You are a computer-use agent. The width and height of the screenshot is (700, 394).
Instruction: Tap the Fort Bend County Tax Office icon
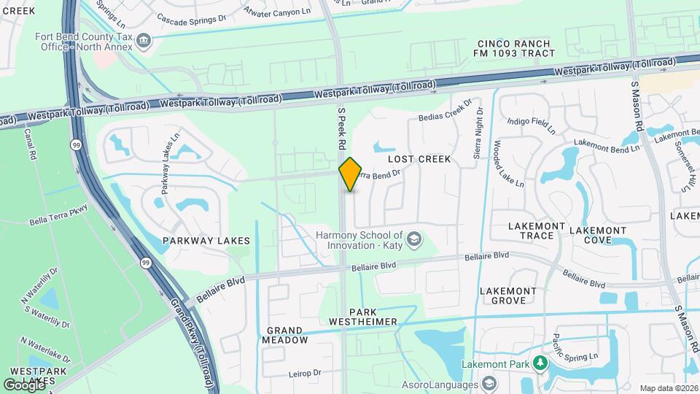click(144, 40)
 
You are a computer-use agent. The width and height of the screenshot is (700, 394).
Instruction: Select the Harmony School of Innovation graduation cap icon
click(413, 239)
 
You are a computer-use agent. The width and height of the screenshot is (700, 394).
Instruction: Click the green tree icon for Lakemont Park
click(540, 363)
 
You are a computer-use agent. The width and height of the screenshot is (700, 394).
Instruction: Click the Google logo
click(23, 385)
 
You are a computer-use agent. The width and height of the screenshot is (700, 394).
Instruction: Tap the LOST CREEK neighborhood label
click(419, 159)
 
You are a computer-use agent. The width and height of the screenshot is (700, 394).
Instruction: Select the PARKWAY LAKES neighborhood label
click(206, 240)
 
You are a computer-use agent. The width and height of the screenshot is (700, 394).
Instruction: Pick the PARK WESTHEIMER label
click(362, 317)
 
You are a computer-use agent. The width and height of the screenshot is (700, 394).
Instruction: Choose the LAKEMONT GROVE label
click(507, 295)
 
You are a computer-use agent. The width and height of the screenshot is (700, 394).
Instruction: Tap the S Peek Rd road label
click(341, 130)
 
